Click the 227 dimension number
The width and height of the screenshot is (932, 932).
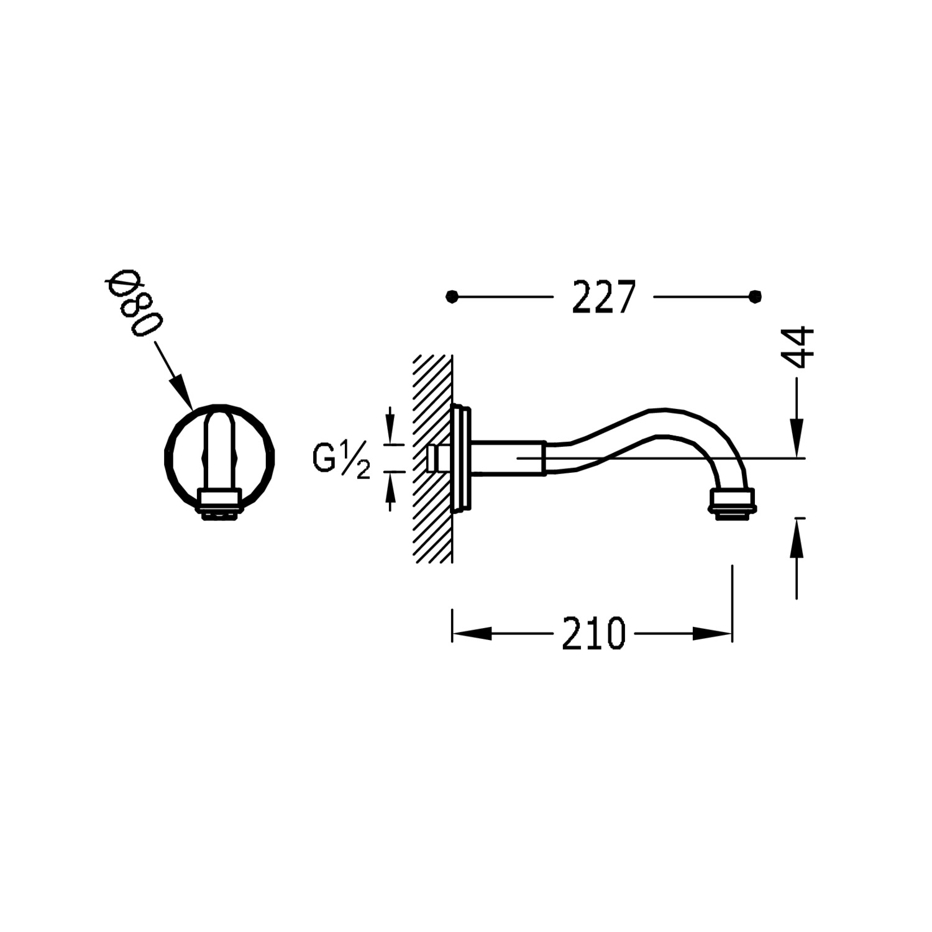pyautogui.click(x=604, y=297)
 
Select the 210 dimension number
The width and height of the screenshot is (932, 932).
pyautogui.click(x=593, y=634)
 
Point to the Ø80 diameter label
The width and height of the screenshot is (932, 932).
pyautogui.click(x=134, y=304)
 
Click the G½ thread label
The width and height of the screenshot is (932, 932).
pyautogui.click(x=341, y=460)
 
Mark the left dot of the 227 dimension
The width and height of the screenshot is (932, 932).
pyautogui.click(x=452, y=296)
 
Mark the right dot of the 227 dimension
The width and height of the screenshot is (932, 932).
pyautogui.click(x=756, y=296)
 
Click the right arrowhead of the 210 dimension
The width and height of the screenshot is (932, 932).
pyautogui.click(x=713, y=634)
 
